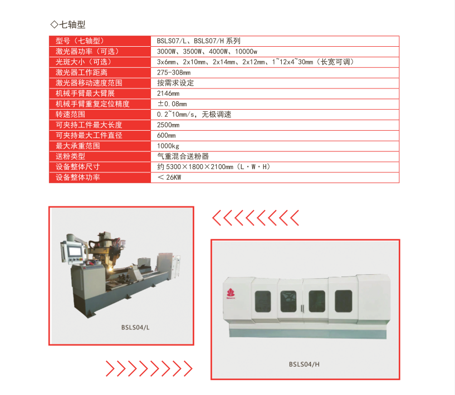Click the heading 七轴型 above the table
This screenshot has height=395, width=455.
72,24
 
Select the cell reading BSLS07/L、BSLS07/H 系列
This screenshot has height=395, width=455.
198,41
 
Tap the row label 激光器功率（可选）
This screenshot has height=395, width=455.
87,51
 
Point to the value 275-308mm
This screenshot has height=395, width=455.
174,72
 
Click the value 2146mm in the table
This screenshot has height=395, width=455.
168,93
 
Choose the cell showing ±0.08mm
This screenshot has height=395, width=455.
172,103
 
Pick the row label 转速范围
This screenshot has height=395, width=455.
70,114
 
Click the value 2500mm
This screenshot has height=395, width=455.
168,125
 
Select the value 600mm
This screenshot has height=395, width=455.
167,135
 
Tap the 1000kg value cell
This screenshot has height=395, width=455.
168,146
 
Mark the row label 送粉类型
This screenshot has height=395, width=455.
70,156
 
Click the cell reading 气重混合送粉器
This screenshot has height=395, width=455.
183,156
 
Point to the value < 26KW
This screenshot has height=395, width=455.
169,177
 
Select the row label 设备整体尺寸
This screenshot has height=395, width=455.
77,167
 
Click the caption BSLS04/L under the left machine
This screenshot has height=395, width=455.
135,328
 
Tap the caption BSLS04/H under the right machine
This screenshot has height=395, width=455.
304,364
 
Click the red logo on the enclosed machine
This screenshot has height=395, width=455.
231,294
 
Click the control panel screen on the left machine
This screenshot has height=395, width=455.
74,251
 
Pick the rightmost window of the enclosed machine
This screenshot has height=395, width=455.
343,301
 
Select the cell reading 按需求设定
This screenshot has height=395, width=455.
175,83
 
